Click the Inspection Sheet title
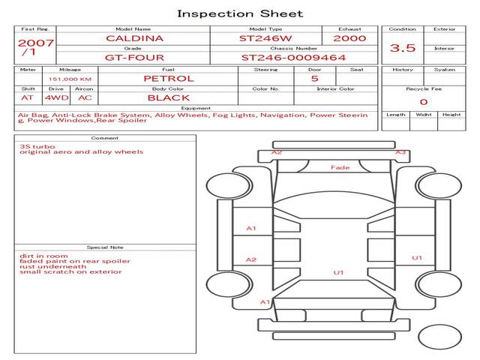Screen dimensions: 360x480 (x=240, y=13)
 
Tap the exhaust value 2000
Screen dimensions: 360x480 (x=349, y=38)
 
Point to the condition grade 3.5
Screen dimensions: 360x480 (x=403, y=48)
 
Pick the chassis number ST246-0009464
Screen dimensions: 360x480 (x=293, y=57)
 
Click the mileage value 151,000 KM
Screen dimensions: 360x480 (x=70, y=79)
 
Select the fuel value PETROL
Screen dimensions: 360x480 (x=168, y=78)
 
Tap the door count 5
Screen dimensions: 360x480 (x=314, y=78)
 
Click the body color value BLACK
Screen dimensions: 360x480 (x=168, y=97)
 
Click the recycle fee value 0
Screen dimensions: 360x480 (x=423, y=102)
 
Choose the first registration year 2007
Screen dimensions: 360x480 (x=35, y=43)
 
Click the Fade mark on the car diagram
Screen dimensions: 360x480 (x=340, y=168)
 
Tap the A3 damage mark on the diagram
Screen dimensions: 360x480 (x=400, y=152)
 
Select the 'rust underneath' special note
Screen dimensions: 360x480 (x=53, y=266)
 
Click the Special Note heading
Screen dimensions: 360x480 (x=104, y=247)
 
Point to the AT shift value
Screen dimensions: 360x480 (x=27, y=97)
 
